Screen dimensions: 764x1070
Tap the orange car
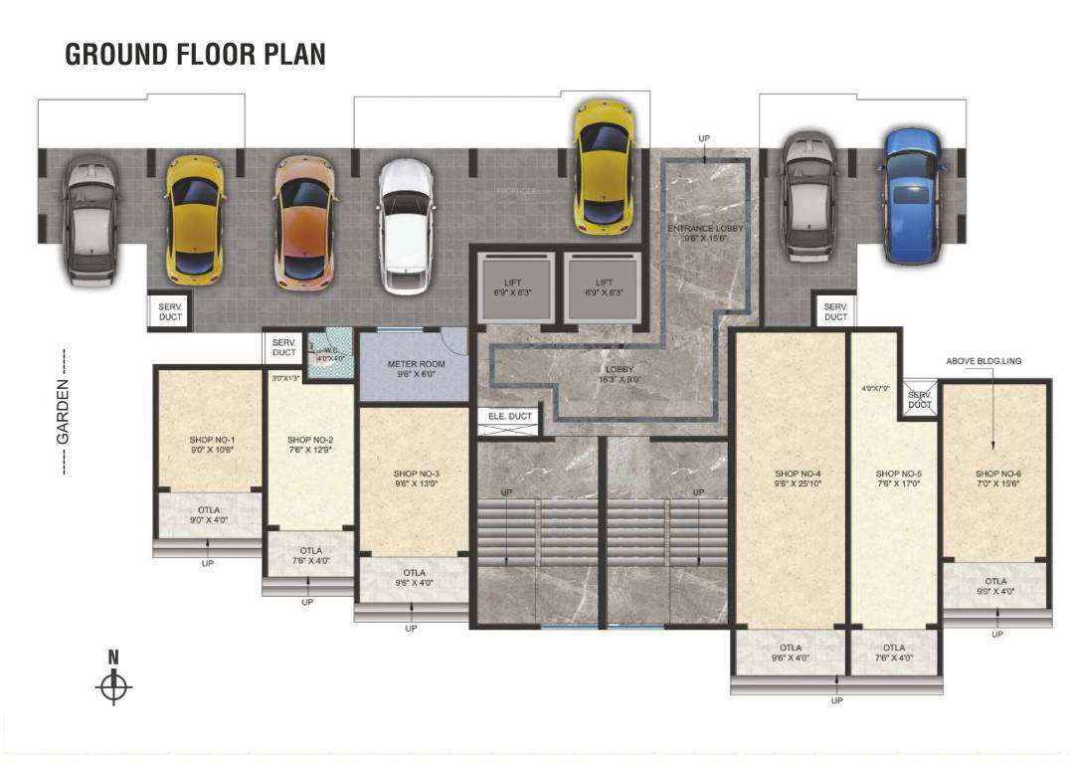pos(303,222)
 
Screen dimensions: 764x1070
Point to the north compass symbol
pos(114,685)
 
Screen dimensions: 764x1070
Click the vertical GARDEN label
pos(62,411)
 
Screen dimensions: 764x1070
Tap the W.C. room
pos(328,354)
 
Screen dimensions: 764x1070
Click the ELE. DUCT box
pos(509,417)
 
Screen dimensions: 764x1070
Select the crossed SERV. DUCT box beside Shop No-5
pos(919,400)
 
